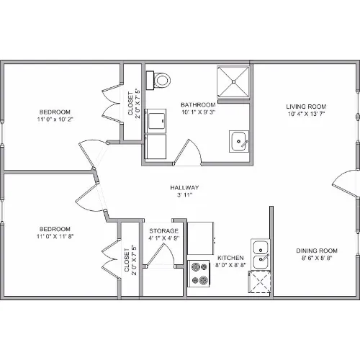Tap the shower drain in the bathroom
(x=233, y=81)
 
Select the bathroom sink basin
(x=238, y=141)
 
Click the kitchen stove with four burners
(x=199, y=274)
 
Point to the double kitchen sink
(x=261, y=254)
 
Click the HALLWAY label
(x=184, y=188)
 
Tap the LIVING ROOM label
(x=306, y=107)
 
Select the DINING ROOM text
(x=317, y=251)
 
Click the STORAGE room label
(x=164, y=231)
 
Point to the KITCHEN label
(x=230, y=258)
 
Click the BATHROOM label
(x=198, y=105)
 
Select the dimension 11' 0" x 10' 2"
(x=55, y=120)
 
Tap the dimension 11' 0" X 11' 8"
(x=55, y=236)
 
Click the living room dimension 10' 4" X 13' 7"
(x=306, y=114)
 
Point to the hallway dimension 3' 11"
(x=184, y=195)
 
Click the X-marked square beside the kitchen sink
(x=259, y=282)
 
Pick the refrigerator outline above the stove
(x=201, y=238)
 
